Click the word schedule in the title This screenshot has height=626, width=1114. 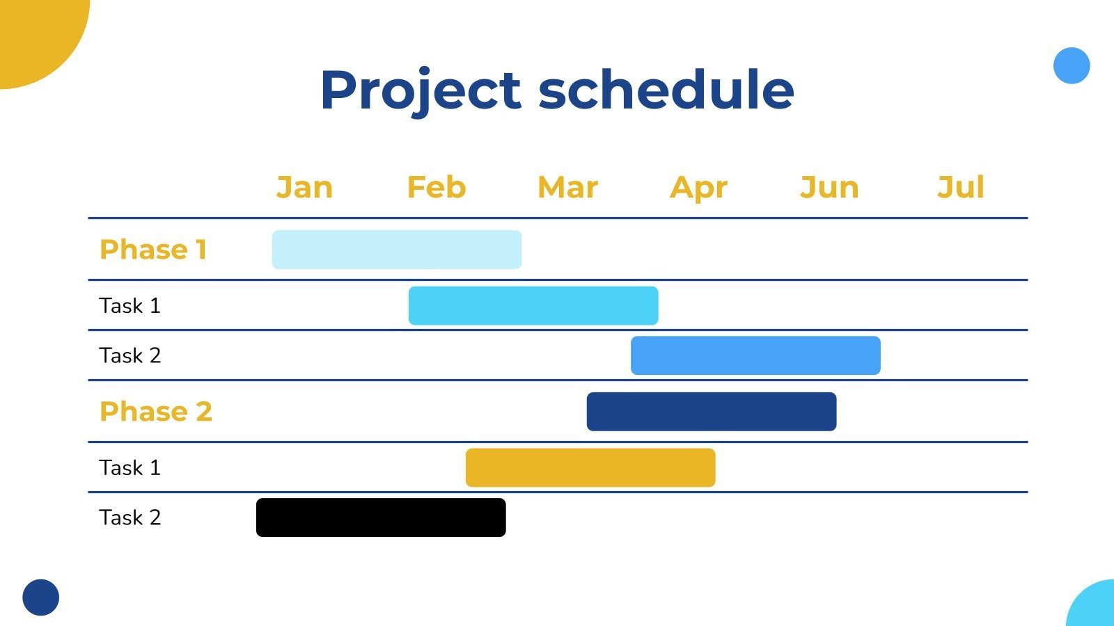point(666,90)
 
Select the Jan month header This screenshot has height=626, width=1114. point(304,187)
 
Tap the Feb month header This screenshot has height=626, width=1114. point(437,187)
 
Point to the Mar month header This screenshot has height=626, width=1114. point(568,187)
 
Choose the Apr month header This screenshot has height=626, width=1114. point(699,188)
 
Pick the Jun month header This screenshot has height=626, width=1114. point(829,187)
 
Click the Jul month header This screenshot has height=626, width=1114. point(961,187)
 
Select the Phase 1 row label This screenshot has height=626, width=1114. point(153,250)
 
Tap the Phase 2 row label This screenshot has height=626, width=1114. point(156,411)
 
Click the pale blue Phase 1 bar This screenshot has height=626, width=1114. point(397,250)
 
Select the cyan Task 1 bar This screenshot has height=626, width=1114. point(533,305)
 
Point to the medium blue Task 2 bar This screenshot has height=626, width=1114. point(755,355)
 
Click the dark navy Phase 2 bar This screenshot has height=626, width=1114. point(712,411)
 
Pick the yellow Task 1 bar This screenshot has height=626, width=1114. point(590,467)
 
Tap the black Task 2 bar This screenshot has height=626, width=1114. point(381,517)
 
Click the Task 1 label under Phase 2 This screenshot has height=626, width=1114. point(130,467)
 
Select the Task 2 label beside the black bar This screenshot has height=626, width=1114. point(130,517)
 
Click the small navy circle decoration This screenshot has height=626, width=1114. point(41,597)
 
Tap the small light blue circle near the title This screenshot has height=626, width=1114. point(1072,65)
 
